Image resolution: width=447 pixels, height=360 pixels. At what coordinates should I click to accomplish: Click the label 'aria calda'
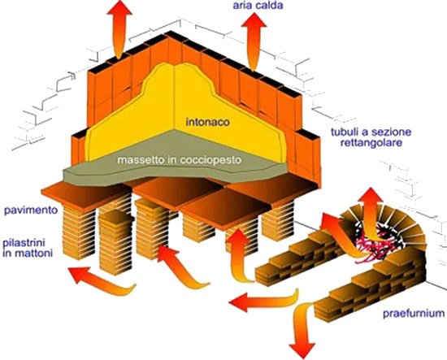click(258, 5)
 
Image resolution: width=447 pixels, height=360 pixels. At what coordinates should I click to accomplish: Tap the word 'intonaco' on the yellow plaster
click(207, 122)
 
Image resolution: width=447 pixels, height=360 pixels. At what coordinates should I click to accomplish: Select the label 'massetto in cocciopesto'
click(180, 159)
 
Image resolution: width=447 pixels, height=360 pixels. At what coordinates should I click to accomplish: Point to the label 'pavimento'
click(31, 210)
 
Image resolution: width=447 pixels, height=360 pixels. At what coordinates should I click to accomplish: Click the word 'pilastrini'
click(24, 243)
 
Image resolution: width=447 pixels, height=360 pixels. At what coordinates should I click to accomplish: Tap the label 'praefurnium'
click(414, 314)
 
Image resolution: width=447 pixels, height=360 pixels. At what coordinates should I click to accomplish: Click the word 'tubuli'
click(345, 132)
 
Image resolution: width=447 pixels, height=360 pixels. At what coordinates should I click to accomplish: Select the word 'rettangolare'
click(371, 142)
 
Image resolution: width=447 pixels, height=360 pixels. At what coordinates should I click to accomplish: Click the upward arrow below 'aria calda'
click(253, 41)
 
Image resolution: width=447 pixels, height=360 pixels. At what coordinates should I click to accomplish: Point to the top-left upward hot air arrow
click(119, 28)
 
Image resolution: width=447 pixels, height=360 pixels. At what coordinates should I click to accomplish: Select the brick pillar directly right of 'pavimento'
click(78, 232)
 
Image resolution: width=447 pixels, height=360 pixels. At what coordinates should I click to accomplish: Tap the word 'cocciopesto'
click(210, 160)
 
